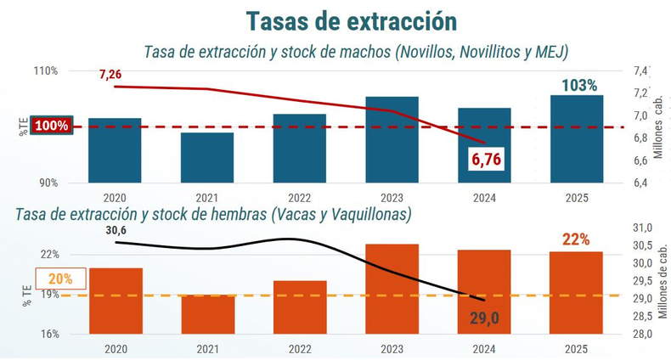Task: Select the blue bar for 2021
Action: click(x=207, y=157)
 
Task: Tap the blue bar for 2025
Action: click(x=577, y=138)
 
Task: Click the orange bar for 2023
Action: click(x=392, y=289)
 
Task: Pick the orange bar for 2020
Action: click(x=115, y=301)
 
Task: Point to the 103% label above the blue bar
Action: click(x=580, y=85)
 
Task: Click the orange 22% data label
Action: click(x=576, y=239)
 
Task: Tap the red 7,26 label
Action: click(x=110, y=75)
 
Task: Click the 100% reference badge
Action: click(x=53, y=127)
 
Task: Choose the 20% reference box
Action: click(x=60, y=278)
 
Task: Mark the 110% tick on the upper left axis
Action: click(x=46, y=71)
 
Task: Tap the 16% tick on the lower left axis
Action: click(x=49, y=334)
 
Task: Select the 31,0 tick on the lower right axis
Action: click(x=643, y=228)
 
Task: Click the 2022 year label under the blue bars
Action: click(x=300, y=196)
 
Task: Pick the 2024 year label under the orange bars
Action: click(x=484, y=349)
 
